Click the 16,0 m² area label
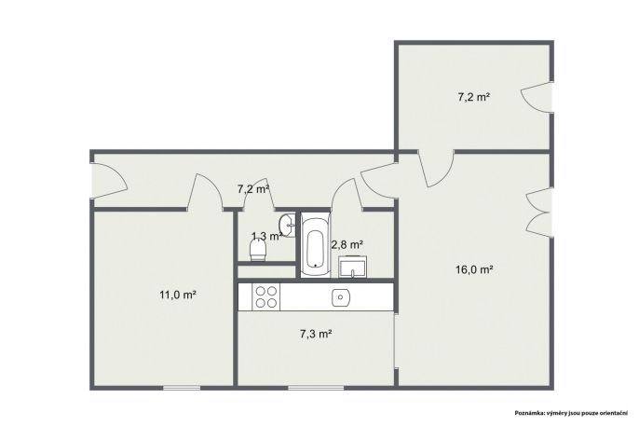click(x=474, y=269)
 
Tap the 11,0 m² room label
click(x=178, y=295)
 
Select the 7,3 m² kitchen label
click(x=316, y=334)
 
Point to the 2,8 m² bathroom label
click(x=347, y=244)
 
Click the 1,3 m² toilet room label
click(x=267, y=236)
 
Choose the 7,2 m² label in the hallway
click(x=253, y=188)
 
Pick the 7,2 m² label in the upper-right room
click(x=473, y=97)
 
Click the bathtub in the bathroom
click(x=316, y=244)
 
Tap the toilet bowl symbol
click(x=257, y=250)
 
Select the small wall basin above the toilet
click(x=287, y=225)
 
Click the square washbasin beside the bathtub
click(x=352, y=267)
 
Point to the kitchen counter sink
click(x=340, y=297)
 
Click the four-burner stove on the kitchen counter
click(x=266, y=296)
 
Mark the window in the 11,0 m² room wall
click(x=182, y=388)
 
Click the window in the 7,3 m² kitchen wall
click(x=317, y=388)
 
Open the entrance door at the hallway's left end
click(x=108, y=181)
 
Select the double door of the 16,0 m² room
click(x=539, y=212)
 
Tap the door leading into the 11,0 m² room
click(x=205, y=192)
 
